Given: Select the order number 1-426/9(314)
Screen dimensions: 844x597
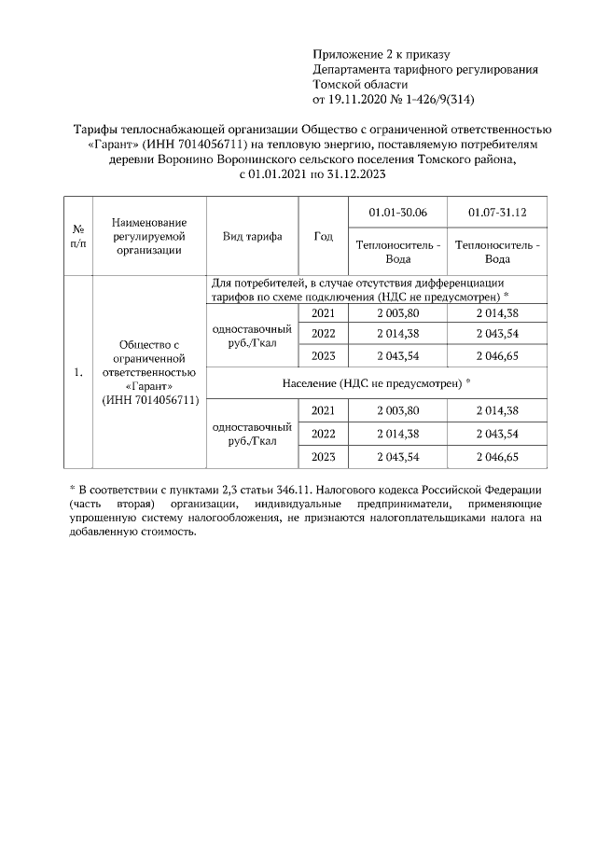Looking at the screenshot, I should click(437, 98).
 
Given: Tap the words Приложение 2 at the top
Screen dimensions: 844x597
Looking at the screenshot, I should click(353, 56).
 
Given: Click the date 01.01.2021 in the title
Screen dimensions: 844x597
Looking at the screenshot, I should click(280, 173).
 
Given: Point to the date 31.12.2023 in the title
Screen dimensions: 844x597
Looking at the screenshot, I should click(354, 173).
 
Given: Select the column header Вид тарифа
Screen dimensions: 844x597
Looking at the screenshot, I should click(252, 237).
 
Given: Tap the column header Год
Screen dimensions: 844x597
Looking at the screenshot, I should click(324, 237).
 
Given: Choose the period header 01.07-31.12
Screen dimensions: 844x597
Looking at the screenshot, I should click(497, 213).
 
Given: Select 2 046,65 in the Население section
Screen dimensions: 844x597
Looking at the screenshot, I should click(497, 456).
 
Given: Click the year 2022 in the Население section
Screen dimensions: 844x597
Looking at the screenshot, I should click(324, 433).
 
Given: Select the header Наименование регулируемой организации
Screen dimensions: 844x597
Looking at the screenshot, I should click(149, 237).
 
